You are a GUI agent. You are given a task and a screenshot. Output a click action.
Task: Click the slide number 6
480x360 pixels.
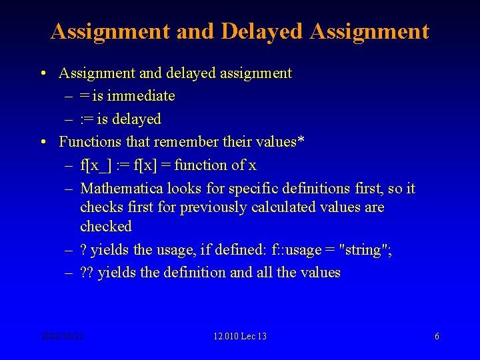point(437,336)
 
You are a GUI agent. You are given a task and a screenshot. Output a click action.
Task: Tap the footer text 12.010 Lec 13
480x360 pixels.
point(240,336)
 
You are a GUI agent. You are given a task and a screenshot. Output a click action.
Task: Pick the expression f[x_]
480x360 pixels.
point(96,165)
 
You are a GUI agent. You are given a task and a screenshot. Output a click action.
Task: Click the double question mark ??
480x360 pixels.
point(87,273)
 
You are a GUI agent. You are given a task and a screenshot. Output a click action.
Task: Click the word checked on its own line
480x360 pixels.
point(106,227)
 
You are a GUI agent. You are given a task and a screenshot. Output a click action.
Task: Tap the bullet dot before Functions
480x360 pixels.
point(43,142)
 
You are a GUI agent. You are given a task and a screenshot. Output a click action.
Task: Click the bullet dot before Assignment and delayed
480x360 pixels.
point(43,73)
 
